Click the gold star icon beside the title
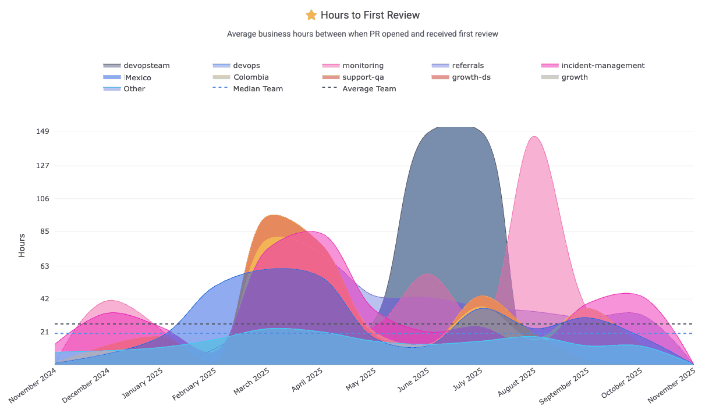pos(311,15)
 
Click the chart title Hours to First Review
pos(370,15)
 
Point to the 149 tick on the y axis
pos(43,131)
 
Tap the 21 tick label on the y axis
pos(45,332)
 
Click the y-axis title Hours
pos(22,245)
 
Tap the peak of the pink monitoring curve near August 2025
pos(534,137)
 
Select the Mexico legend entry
pos(138,77)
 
